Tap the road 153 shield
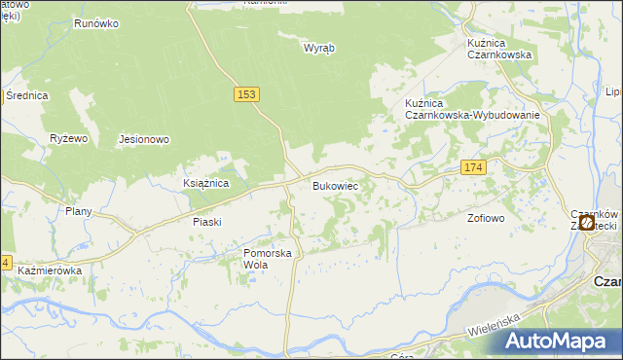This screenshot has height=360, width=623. [x=247, y=93]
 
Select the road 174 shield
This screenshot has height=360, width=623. [x=473, y=168]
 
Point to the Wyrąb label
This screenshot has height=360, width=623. [x=318, y=47]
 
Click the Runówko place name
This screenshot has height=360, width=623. [x=95, y=21]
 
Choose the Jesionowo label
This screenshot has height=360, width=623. [x=144, y=139]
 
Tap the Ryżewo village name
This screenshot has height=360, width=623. [x=69, y=139]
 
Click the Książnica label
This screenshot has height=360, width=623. [x=205, y=183]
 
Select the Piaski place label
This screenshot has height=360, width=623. [x=206, y=222]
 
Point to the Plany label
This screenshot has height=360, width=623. [x=78, y=211]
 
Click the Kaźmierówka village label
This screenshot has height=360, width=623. [x=49, y=270]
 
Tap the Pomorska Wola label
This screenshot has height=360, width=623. [x=268, y=259]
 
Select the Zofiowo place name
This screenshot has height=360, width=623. [x=486, y=218]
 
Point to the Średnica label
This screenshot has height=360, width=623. [x=26, y=95]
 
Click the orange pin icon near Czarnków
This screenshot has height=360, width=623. [x=587, y=223]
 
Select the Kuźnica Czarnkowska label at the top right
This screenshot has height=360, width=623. [x=498, y=49]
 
